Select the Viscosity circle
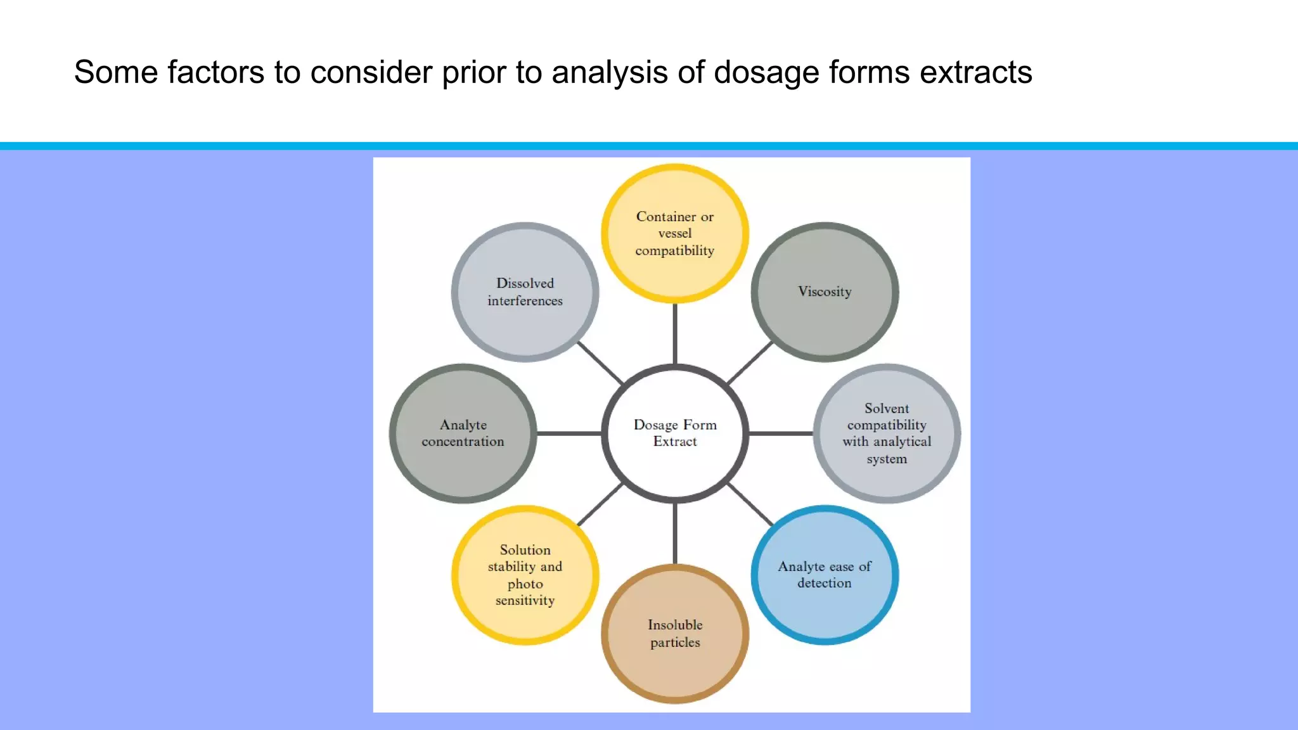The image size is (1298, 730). point(825,292)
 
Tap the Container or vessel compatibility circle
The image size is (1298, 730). point(675,233)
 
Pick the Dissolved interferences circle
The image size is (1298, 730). point(525,292)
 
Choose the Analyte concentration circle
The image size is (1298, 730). point(463,433)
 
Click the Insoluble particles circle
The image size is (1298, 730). point(675,634)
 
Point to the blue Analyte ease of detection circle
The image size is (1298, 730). point(825,575)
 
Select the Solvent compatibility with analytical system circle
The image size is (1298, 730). point(887,433)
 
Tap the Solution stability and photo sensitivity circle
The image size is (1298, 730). point(525,575)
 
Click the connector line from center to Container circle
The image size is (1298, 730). point(675,334)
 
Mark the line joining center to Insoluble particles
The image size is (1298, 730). point(675,534)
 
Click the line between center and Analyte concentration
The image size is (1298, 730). point(569,433)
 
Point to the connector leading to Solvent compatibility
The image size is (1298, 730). point(781,433)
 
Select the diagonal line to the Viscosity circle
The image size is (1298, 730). point(751,362)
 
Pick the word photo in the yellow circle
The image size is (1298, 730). point(525,584)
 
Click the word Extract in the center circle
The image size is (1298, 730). point(675,442)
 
